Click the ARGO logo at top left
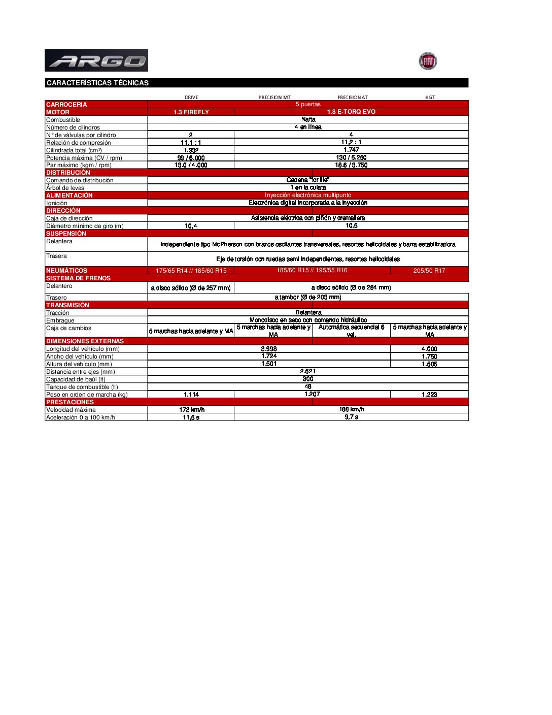[96, 60]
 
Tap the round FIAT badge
[428, 61]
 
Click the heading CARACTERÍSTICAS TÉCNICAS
[97, 83]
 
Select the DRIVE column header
[191, 97]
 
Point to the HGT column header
[430, 97]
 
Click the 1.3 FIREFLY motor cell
[191, 112]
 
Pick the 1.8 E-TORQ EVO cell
[351, 112]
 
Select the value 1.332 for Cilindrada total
[191, 150]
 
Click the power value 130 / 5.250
[351, 157]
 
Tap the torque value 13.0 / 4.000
[191, 165]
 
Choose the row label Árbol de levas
[65, 188]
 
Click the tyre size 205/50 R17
[429, 271]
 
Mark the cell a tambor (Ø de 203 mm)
[308, 297]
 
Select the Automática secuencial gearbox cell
[351, 331]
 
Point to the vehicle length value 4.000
[429, 349]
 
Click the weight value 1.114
[191, 395]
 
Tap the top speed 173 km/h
[192, 410]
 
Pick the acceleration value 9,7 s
[351, 417]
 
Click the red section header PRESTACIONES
[70, 402]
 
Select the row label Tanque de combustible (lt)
[82, 387]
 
